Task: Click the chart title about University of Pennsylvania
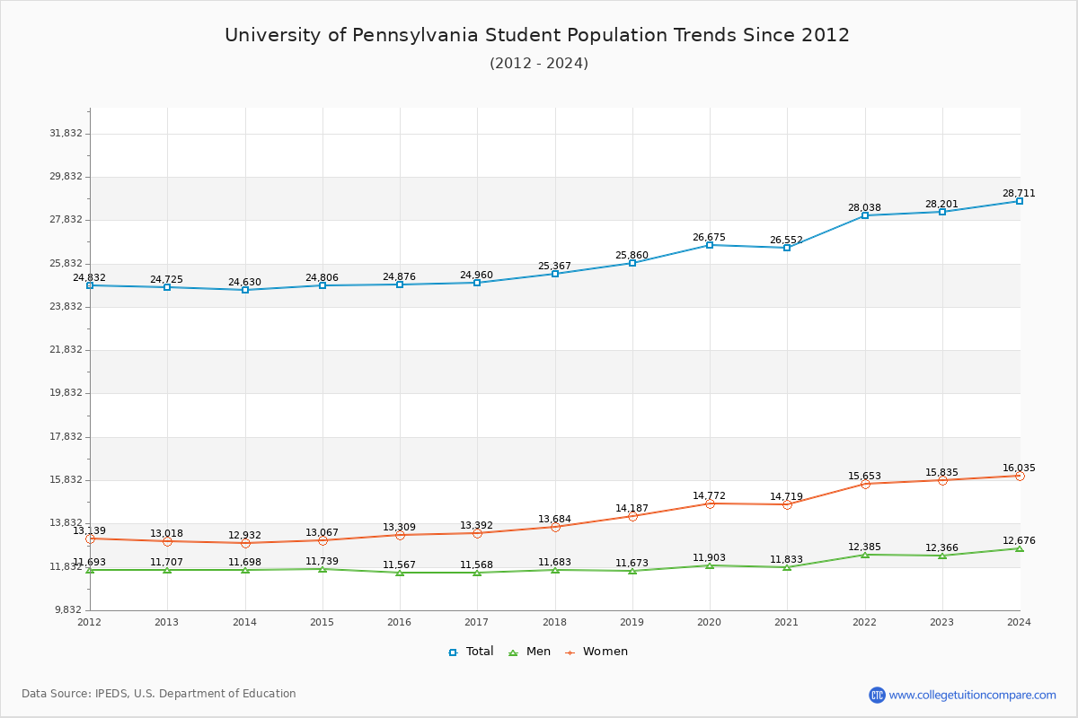point(537,35)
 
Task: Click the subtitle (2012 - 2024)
point(539,64)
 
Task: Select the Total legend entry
point(471,652)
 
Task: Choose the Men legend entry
point(530,652)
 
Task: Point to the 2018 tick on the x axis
point(554,622)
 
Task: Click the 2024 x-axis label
point(1019,622)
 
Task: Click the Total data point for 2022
point(865,215)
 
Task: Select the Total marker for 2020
point(710,245)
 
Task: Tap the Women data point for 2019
point(632,516)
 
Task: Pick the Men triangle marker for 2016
point(400,573)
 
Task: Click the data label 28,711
point(1019,194)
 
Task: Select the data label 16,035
point(1019,468)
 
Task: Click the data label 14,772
point(709,496)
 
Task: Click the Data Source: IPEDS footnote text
point(159,694)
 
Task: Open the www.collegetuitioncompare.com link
point(972,695)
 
